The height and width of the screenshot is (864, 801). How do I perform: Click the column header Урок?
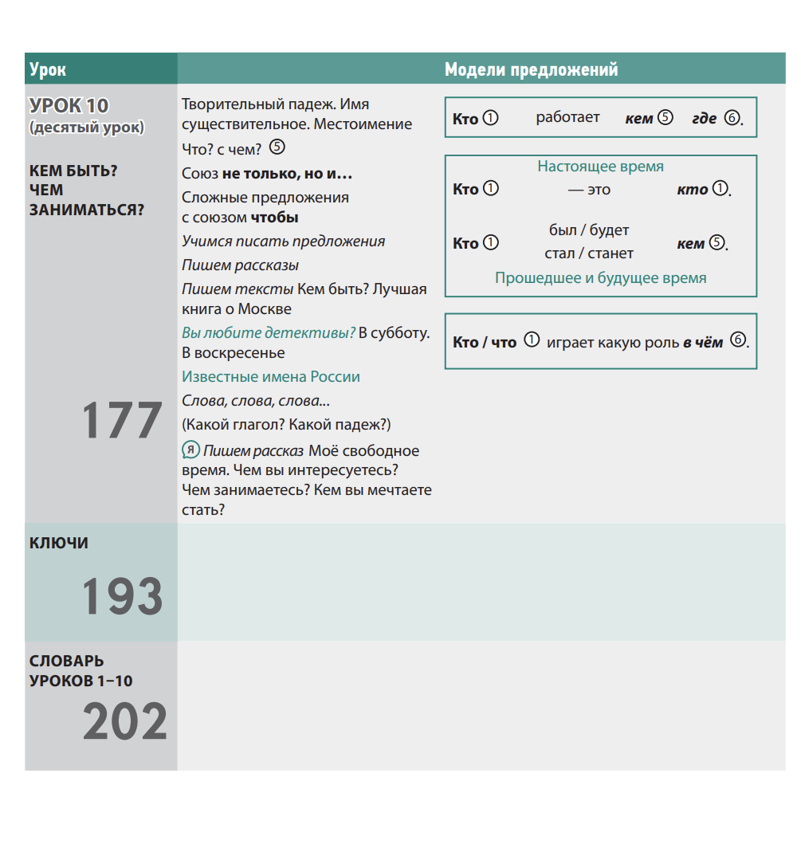[48, 70]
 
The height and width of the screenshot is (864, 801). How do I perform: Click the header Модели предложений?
[531, 70]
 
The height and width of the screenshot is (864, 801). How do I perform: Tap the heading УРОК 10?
[69, 106]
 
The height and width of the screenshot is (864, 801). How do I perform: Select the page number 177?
[122, 422]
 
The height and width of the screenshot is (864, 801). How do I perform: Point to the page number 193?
[122, 597]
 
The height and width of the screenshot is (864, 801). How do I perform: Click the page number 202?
[125, 722]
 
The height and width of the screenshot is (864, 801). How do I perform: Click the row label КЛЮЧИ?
[59, 544]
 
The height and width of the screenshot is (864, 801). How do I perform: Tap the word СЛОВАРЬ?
[67, 662]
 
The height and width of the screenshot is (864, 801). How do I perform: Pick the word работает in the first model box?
[567, 118]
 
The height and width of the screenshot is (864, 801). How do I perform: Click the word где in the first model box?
[704, 119]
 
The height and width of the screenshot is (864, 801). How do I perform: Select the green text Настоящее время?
[600, 167]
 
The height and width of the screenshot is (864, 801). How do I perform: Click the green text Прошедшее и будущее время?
[600, 278]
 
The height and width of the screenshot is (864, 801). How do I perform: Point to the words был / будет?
[589, 230]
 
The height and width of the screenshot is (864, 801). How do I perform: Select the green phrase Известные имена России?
[271, 377]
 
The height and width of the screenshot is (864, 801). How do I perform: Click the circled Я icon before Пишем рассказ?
[190, 450]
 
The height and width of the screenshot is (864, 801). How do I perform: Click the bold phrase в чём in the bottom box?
[703, 343]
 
